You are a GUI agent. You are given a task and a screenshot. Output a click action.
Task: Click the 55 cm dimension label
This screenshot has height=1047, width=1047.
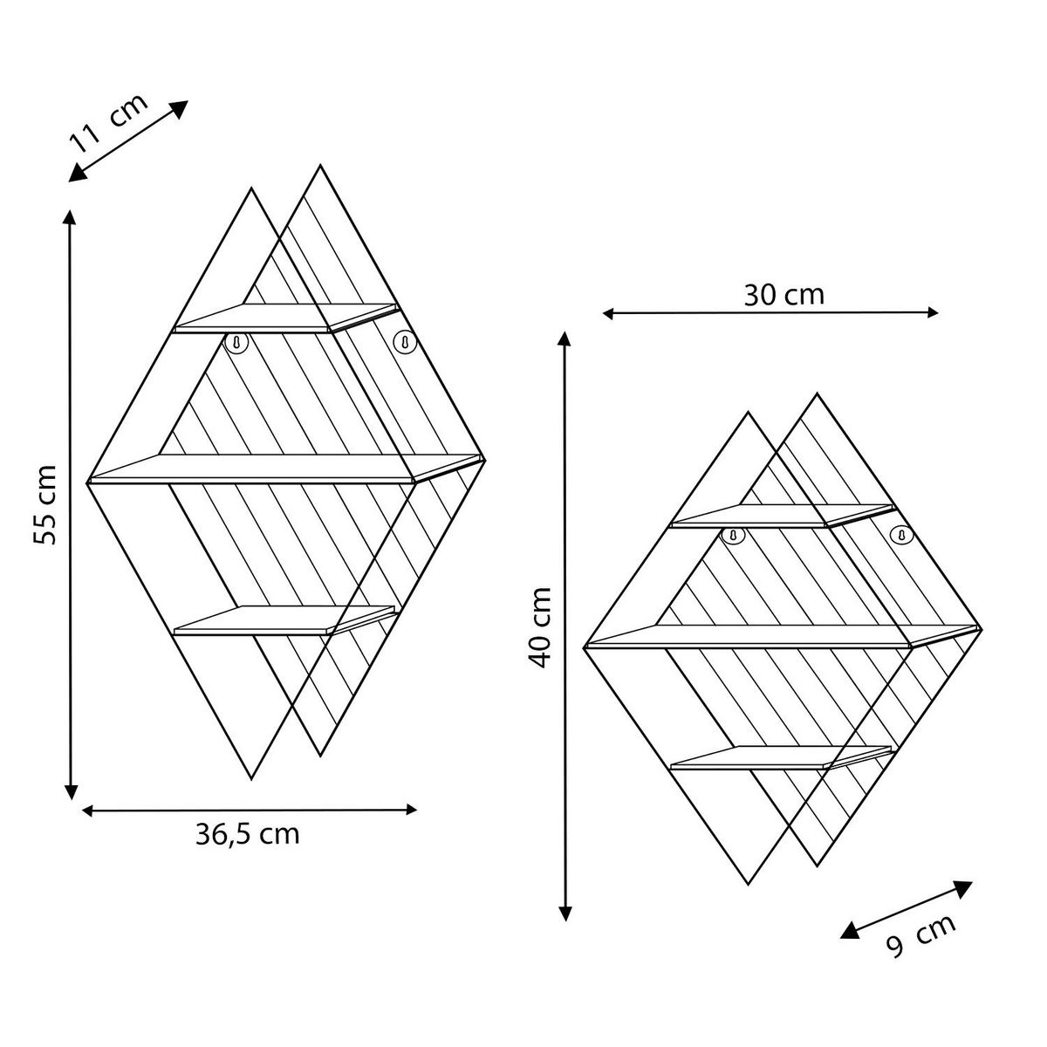point(44,505)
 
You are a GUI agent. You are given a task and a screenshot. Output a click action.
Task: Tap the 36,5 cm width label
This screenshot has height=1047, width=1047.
point(247,834)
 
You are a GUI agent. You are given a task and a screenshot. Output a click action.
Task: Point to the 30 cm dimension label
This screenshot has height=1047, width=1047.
point(784,295)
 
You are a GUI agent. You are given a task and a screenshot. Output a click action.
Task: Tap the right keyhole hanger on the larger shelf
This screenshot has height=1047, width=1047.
point(403,343)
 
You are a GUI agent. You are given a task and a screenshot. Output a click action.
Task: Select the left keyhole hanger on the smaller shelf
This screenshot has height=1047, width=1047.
point(735,534)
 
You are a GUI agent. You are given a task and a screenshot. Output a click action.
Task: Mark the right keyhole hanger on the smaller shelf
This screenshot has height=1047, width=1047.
point(901,533)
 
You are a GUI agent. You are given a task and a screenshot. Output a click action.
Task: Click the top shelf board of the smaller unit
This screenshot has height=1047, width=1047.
point(781,516)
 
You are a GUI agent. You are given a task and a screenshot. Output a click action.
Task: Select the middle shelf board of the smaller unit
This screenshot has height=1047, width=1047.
point(768,635)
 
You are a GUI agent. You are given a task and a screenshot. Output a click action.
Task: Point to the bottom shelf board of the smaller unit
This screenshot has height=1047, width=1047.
point(781,756)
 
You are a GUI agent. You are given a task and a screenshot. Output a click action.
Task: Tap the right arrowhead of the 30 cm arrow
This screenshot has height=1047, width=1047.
point(933,312)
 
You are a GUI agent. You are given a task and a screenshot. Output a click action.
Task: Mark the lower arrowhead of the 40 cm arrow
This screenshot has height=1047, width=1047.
point(567,913)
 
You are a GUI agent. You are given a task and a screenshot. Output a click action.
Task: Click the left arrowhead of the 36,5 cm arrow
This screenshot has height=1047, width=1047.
point(88,811)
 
